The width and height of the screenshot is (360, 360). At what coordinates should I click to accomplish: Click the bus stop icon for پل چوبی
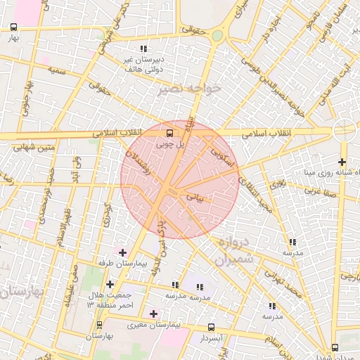(169, 132)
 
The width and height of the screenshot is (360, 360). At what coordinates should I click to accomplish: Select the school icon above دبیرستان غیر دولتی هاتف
(144, 49)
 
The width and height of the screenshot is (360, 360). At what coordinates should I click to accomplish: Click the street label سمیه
(57, 72)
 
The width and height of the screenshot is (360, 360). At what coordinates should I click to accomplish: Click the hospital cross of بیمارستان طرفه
(123, 252)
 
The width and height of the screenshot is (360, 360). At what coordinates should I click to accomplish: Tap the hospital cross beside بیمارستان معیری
(154, 314)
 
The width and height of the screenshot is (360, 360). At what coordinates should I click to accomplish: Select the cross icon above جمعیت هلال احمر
(110, 284)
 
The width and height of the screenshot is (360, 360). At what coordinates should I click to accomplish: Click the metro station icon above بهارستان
(99, 325)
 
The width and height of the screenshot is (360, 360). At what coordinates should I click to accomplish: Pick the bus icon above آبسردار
(212, 327)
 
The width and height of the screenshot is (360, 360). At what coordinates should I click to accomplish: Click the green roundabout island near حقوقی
(218, 35)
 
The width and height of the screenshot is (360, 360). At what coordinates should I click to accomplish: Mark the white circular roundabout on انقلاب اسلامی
(345, 129)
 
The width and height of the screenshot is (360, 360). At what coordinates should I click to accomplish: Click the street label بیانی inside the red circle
(195, 199)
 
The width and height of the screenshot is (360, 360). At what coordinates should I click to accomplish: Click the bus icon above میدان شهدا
(334, 347)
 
